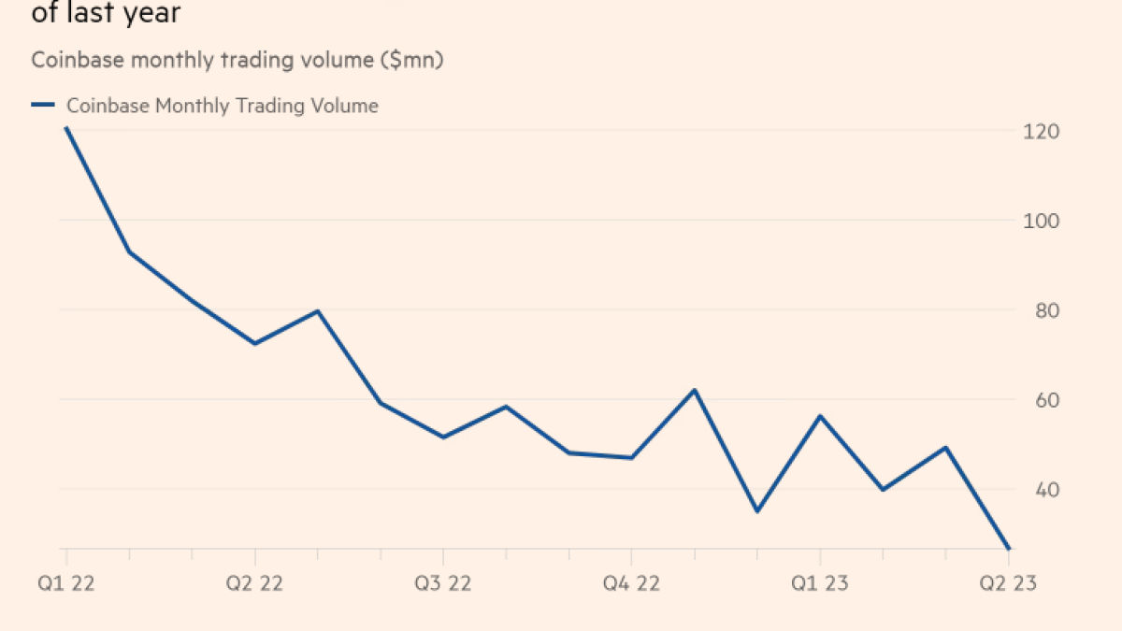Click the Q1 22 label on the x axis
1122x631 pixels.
[x=65, y=583]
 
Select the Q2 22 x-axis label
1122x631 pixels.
[x=254, y=583]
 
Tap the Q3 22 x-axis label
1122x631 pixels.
[x=443, y=583]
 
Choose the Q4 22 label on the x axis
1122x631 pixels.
[x=631, y=583]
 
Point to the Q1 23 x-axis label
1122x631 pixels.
[x=820, y=583]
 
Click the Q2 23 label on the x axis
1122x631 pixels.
[x=1008, y=583]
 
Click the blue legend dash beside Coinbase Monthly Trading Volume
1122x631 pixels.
[x=43, y=106]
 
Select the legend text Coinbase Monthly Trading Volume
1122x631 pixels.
[x=223, y=106]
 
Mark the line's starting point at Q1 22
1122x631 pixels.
[x=65, y=128]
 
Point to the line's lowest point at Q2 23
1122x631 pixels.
[x=1009, y=549]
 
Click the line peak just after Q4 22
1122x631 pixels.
[x=695, y=390]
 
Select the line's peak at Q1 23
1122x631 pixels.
[x=820, y=416]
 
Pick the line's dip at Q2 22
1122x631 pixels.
[x=254, y=343]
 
